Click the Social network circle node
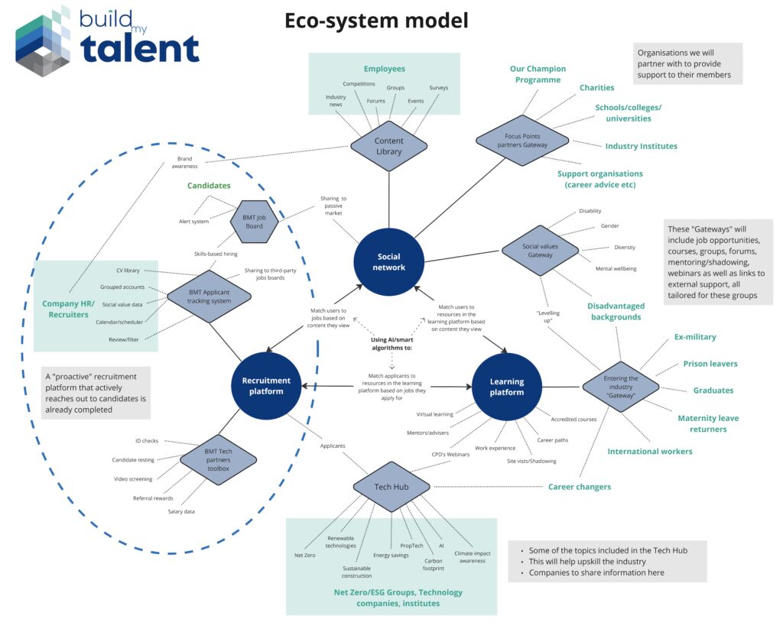coord(390,262)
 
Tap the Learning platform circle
coord(507,387)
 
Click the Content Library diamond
coord(388,146)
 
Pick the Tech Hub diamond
coord(391,487)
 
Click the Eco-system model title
coord(377,21)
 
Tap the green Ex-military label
coord(694,337)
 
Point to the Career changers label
coord(579,487)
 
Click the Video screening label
coord(132,479)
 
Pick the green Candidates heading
coord(209,186)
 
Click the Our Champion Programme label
coord(535,74)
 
